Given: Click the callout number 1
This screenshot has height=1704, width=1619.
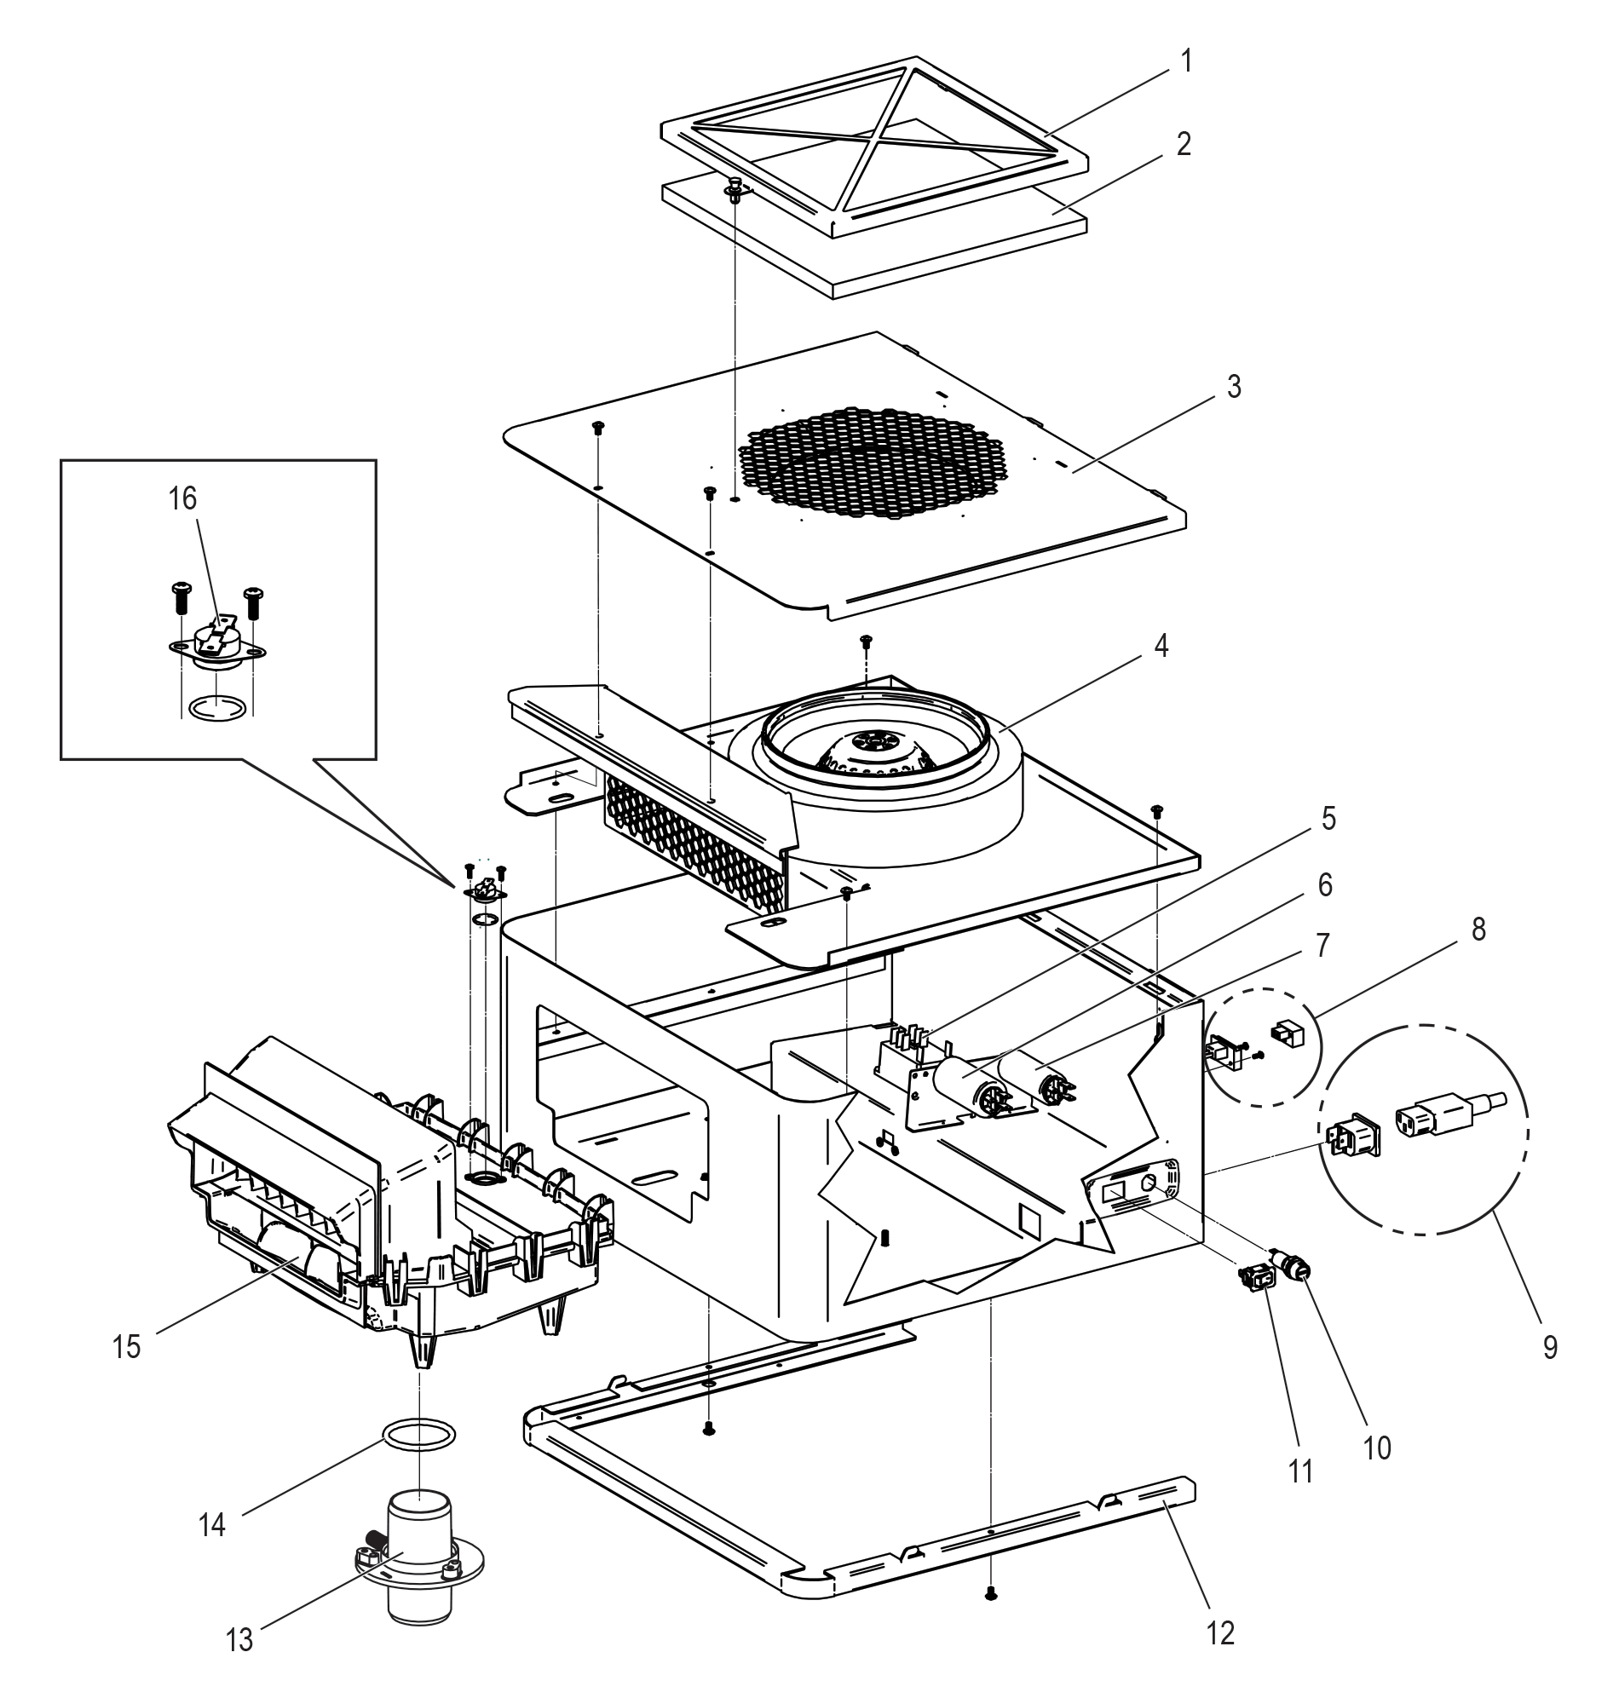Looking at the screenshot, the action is click(x=1187, y=61).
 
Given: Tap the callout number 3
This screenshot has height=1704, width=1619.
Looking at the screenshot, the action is click(x=1234, y=388).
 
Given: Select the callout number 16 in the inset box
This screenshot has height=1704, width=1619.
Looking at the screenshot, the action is click(x=183, y=498).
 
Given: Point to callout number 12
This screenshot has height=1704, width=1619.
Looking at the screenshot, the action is click(x=1221, y=1632).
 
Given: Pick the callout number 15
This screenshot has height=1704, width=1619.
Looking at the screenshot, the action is click(x=127, y=1347).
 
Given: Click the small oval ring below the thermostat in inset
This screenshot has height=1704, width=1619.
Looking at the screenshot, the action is click(x=214, y=707).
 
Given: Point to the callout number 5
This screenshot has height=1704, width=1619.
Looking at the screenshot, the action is click(x=1328, y=819).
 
